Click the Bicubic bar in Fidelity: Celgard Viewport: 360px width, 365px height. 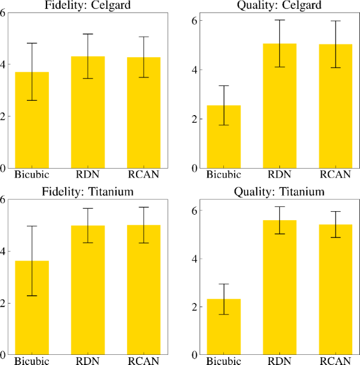point(32,119)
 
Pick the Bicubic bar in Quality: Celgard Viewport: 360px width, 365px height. point(224,137)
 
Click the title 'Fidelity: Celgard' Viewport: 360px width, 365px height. point(88,5)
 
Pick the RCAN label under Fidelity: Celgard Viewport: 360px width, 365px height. point(144,175)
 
